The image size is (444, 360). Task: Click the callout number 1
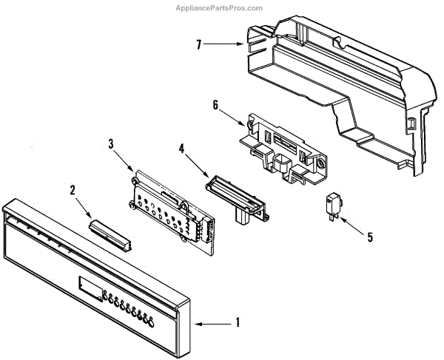[238, 322]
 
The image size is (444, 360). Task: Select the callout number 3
[110, 144]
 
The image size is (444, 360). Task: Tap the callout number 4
[182, 149]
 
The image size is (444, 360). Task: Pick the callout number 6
[215, 105]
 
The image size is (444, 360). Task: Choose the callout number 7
[199, 44]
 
